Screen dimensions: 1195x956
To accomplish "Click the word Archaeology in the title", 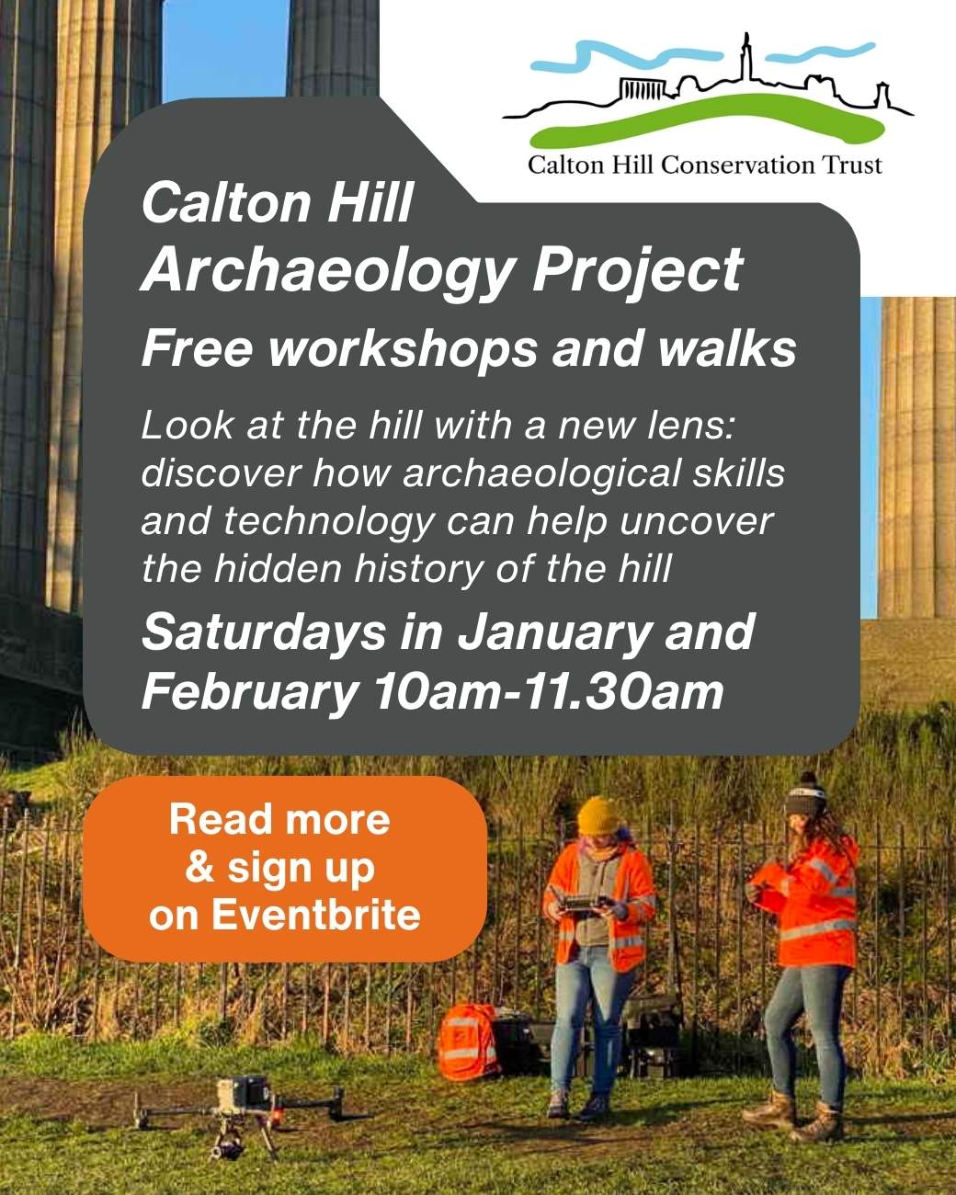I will point(327,270).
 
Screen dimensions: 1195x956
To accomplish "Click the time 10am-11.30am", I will point(548,691).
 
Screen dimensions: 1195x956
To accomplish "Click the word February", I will point(248,691).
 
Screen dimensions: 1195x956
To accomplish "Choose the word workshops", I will point(404,349).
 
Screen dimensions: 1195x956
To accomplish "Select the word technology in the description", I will point(328,521).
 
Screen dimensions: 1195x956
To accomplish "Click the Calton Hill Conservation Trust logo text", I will point(704,165).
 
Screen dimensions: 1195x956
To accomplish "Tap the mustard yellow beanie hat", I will point(598,815).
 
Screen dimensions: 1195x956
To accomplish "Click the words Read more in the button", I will point(279,819).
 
